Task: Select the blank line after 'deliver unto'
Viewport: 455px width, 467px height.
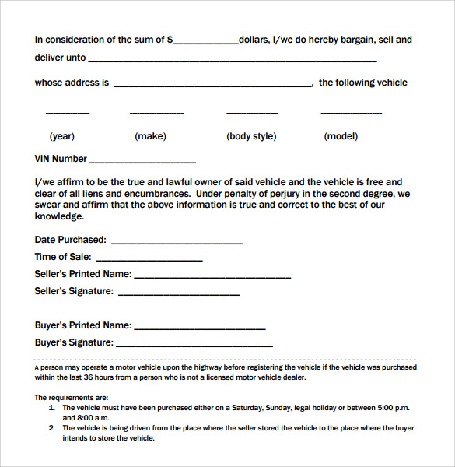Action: (x=233, y=61)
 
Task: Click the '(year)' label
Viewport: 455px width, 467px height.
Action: (x=62, y=136)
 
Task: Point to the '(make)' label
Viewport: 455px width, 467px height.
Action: (x=150, y=136)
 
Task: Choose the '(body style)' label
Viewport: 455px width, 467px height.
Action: (x=251, y=136)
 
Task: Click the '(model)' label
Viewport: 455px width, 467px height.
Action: (x=341, y=136)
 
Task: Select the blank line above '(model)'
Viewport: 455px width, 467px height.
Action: (x=351, y=114)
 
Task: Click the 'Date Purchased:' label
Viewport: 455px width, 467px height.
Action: (x=71, y=240)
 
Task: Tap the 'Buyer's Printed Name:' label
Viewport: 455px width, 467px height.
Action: (x=83, y=325)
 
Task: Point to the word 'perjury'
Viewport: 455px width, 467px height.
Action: (x=289, y=194)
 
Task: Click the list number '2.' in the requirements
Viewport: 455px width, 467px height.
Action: (x=51, y=427)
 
